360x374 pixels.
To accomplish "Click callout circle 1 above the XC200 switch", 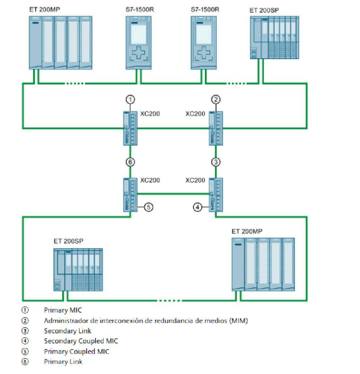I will pos(130,99).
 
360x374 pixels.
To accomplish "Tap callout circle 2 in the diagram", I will pos(216,99).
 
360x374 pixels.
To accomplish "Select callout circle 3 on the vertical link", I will pos(216,162).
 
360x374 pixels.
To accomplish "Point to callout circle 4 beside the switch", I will pos(197,207).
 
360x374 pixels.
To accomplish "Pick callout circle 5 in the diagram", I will pos(149,207).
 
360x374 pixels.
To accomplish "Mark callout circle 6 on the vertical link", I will pos(130,162).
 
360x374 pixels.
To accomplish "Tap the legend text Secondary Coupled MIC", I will pos(81,341).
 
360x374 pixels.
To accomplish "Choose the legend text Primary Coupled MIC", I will pos(77,351).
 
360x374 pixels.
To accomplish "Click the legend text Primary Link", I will pos(63,362).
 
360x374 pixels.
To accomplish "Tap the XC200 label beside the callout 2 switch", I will pos(196,114).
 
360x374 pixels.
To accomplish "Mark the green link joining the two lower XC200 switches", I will pos(173,192).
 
